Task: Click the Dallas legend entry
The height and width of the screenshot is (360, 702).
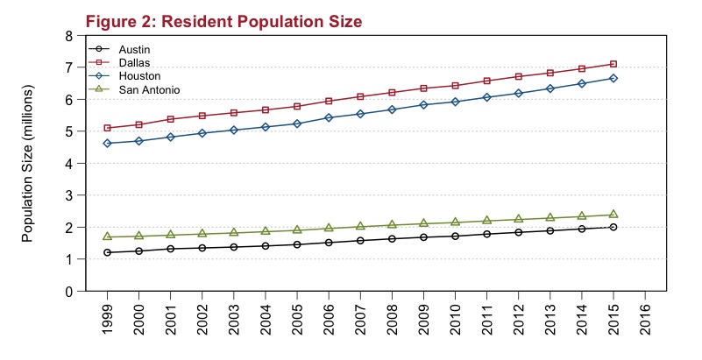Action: (x=133, y=63)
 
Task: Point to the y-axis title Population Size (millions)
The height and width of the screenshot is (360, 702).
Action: (x=27, y=164)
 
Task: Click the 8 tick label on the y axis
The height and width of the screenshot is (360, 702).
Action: (x=69, y=36)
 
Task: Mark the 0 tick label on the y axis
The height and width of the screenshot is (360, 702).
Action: (x=69, y=292)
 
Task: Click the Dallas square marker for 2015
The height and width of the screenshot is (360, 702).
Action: (x=613, y=64)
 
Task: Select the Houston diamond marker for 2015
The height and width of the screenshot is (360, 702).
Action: (x=613, y=78)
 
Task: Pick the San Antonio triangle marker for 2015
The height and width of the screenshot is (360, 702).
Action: (x=613, y=214)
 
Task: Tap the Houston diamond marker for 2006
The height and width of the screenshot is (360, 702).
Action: (x=329, y=117)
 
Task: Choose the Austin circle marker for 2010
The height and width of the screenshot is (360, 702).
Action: (x=456, y=236)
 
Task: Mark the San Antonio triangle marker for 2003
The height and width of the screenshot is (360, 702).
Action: (x=234, y=232)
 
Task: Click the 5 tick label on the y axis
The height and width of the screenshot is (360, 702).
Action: (x=69, y=131)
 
